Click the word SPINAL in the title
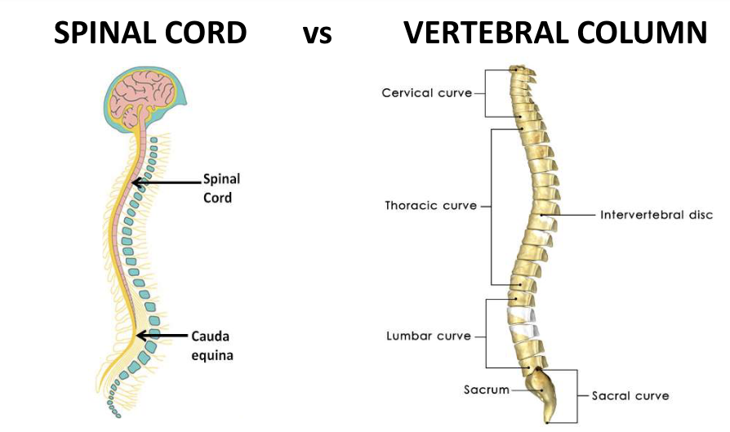(x=104, y=33)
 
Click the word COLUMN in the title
(x=646, y=33)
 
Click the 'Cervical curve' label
(x=426, y=93)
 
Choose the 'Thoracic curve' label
(x=430, y=206)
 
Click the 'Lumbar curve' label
(x=429, y=336)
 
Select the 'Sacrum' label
(x=487, y=390)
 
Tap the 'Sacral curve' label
(x=630, y=395)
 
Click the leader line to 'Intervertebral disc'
(x=571, y=216)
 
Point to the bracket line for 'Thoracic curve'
(x=491, y=206)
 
